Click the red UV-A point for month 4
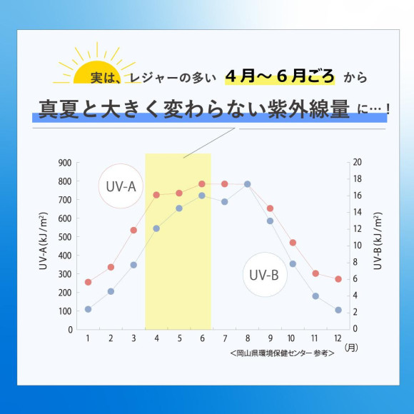pyautogui.click(x=156, y=195)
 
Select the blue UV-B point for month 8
pyautogui.click(x=247, y=184)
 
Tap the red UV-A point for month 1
pyautogui.click(x=88, y=282)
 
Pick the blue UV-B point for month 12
pyautogui.click(x=338, y=310)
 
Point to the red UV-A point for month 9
pyautogui.click(x=270, y=208)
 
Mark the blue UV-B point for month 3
pyautogui.click(x=133, y=265)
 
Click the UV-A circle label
pyautogui.click(x=122, y=187)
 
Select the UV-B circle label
pyautogui.click(x=265, y=274)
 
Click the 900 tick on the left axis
pyautogui.click(x=64, y=163)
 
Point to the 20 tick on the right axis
pyautogui.click(x=357, y=163)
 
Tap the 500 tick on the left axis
pyautogui.click(x=64, y=237)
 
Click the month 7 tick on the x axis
pyautogui.click(x=224, y=338)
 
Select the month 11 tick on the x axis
pyautogui.click(x=315, y=338)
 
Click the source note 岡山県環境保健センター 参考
pyautogui.click(x=283, y=353)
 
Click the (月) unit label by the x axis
pyautogui.click(x=352, y=348)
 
